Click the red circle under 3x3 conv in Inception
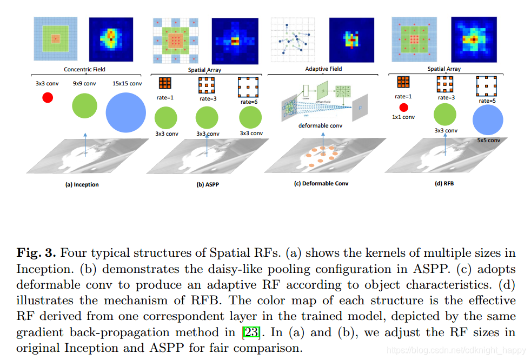[x=48, y=98]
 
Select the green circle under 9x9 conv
[x=84, y=106]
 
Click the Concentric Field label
[x=84, y=69]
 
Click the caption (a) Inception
[x=82, y=184]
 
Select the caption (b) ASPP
[x=207, y=184]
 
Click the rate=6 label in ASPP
[x=249, y=102]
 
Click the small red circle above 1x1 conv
[x=403, y=108]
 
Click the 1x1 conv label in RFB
[x=403, y=117]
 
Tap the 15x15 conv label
[x=128, y=83]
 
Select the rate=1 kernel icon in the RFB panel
[x=403, y=82]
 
